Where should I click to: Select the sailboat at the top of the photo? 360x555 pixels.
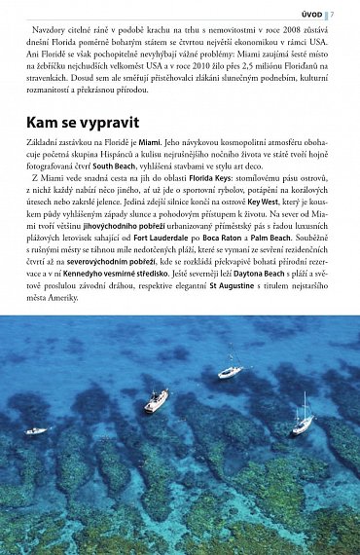pos(232,369)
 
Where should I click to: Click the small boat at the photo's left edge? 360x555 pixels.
pos(36,430)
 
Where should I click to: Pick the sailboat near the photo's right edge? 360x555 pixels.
pos(304,425)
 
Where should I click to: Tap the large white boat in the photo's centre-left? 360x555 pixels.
pos(156,400)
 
